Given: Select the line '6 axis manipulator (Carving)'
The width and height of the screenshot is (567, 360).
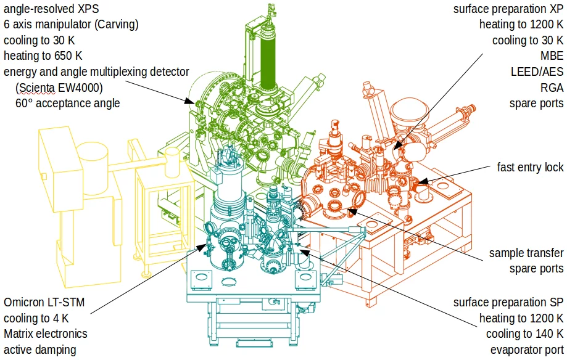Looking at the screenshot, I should [x=71, y=25].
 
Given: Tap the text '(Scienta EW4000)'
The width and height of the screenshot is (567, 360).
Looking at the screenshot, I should [x=59, y=88].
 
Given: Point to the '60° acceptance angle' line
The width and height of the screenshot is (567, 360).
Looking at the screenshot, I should [x=67, y=103].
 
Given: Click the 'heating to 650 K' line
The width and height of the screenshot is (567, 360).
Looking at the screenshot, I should [x=43, y=56].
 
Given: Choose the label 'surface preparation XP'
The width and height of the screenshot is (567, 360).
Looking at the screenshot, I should [x=508, y=9].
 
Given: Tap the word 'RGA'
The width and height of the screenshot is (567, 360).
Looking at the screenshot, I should [x=551, y=88].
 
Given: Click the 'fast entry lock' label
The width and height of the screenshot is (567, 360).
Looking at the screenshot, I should [x=530, y=167].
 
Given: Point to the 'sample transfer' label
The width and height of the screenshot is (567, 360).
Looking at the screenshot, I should [x=526, y=253].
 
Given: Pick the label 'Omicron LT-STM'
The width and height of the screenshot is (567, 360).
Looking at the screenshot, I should [x=44, y=303].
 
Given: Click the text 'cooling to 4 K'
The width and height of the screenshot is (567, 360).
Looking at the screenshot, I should [x=36, y=318].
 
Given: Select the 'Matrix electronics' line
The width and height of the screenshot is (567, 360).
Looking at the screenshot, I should [x=46, y=333].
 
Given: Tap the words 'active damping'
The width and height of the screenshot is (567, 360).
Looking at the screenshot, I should [x=39, y=350].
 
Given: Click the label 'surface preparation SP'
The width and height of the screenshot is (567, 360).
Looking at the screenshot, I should [x=508, y=303].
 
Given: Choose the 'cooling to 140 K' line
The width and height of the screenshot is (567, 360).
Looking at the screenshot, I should [x=525, y=333].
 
